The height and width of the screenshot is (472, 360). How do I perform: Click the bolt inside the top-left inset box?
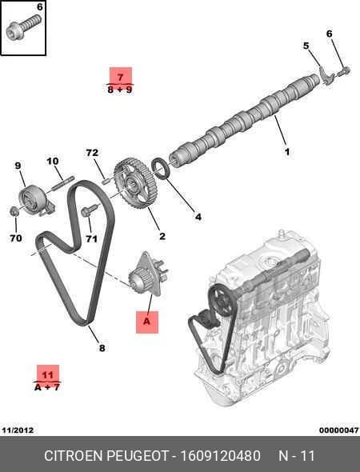[23, 28]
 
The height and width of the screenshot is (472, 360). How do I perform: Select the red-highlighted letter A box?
[147, 322]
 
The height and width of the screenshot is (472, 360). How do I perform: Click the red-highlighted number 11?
[48, 374]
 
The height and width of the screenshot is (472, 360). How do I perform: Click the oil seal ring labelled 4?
[162, 168]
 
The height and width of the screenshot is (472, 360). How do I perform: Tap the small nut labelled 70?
[14, 212]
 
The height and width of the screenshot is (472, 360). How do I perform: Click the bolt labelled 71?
[90, 210]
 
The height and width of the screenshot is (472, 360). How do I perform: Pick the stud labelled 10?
[62, 183]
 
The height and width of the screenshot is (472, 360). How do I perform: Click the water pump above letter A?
[147, 275]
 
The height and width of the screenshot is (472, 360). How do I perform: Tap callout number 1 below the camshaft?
[287, 152]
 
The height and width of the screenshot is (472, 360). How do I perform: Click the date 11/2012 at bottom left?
[18, 430]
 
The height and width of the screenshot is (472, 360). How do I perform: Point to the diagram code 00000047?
[339, 430]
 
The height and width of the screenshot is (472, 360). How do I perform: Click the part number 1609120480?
[220, 456]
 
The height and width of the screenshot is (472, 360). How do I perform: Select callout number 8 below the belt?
[102, 348]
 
